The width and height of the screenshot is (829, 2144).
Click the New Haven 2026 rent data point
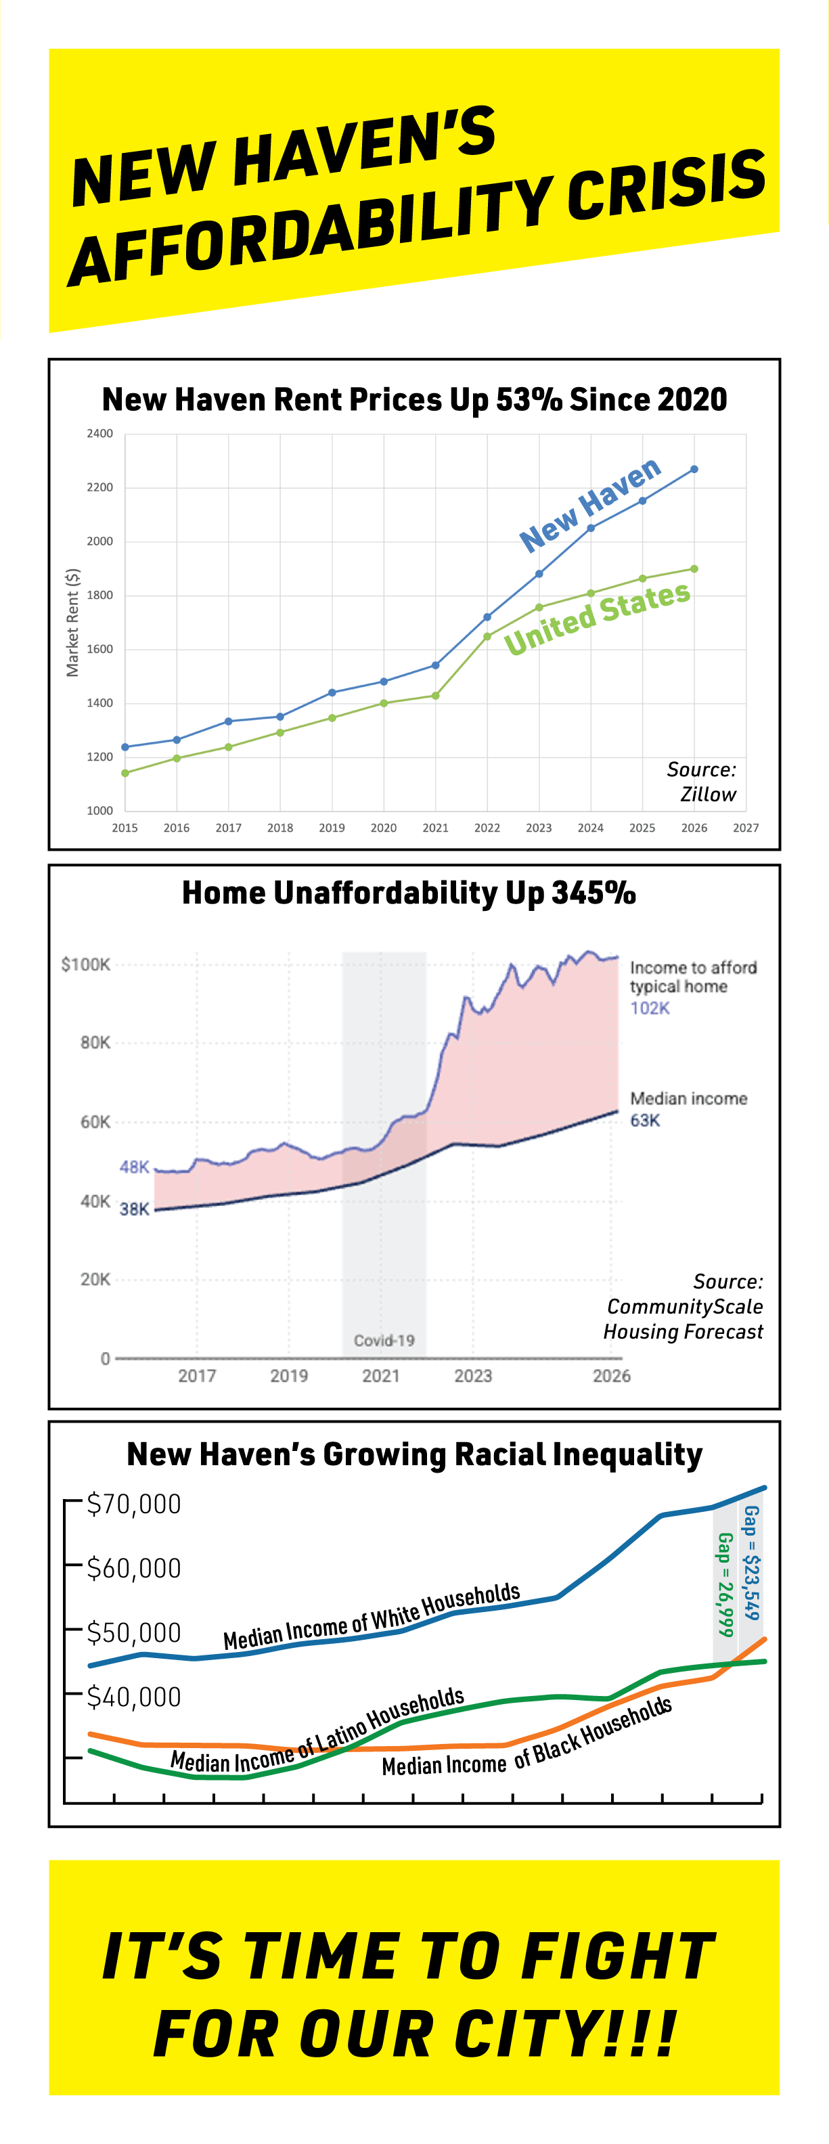[x=694, y=470]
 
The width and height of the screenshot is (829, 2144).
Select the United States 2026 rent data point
[x=694, y=569]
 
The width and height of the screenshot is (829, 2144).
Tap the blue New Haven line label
[x=590, y=504]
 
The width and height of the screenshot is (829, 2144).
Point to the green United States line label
[x=598, y=618]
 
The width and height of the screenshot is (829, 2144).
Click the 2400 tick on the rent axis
[x=100, y=434]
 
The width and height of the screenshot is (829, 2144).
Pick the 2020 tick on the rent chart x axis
[x=384, y=828]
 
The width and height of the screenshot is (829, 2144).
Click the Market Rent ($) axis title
[x=73, y=623]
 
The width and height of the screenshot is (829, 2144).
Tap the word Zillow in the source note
[x=709, y=795]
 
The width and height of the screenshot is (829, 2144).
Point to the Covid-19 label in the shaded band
[x=384, y=1341]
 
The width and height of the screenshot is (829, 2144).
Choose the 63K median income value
[x=645, y=1120]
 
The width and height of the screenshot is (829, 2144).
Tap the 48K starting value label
[x=134, y=1167]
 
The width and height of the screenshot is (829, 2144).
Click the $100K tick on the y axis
[x=86, y=964]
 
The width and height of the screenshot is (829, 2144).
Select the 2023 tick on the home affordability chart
[x=473, y=1376]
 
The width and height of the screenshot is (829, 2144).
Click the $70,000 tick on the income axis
[x=134, y=1504]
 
